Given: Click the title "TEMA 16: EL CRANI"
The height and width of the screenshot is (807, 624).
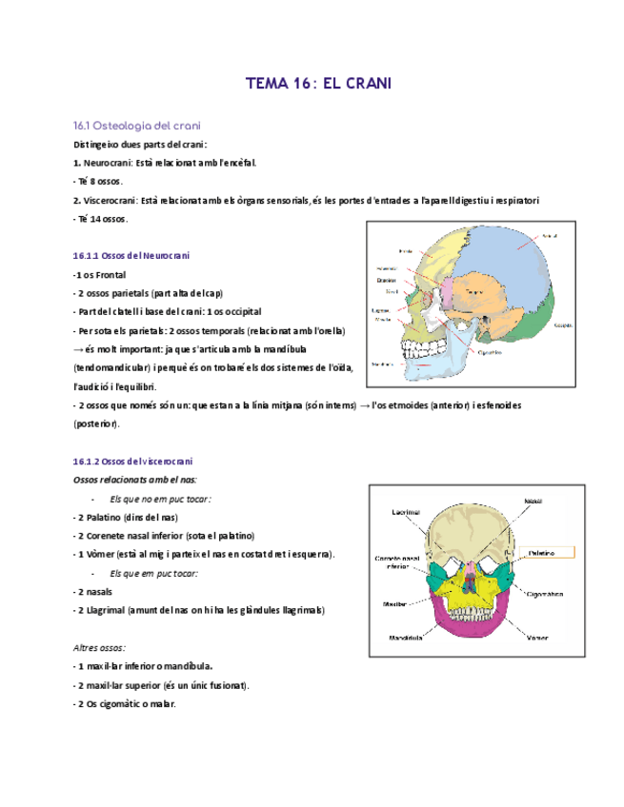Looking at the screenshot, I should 318,84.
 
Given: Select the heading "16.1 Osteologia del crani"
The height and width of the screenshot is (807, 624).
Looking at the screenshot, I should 136,126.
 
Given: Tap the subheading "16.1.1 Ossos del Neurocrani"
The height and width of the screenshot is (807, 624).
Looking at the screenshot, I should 131,256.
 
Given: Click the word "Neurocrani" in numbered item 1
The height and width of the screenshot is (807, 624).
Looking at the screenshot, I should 107,163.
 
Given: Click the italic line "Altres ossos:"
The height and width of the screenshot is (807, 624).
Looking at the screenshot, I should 99,647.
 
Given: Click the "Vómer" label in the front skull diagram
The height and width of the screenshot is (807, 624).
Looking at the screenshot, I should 536,637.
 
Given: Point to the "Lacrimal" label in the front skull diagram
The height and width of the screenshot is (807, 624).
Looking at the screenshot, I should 406,512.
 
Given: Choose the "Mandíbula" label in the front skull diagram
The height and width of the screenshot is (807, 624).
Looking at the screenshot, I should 405,638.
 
